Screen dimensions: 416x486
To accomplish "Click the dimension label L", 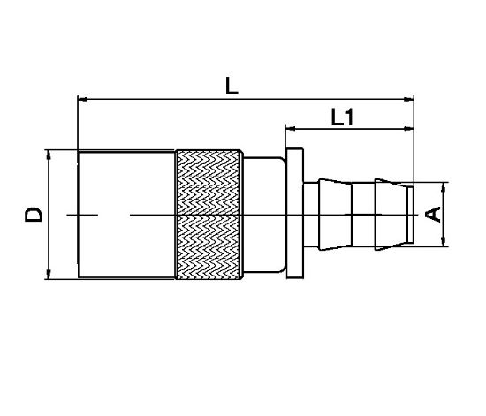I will [232, 86].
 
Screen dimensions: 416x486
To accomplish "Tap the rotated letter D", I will [33, 214].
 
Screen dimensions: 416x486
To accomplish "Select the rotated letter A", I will [433, 214].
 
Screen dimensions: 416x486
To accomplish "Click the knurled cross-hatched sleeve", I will [209, 215].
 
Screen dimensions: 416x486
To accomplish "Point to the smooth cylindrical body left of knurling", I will [126, 215].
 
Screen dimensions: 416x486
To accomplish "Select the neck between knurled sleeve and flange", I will [262, 215].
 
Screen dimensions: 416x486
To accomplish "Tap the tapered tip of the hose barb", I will [403, 215].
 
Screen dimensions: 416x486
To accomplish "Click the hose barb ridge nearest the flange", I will [330, 215].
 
